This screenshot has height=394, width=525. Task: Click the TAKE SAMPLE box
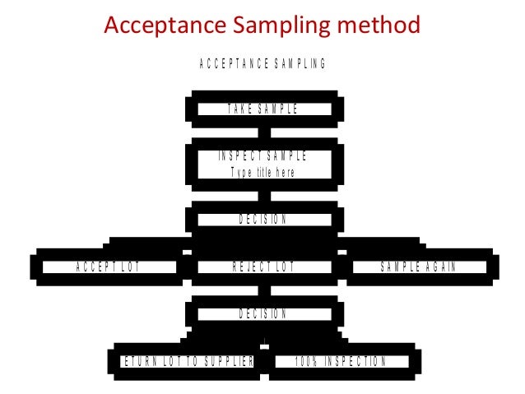262,109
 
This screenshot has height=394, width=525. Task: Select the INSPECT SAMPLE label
262,156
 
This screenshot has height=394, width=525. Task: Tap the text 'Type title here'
262,173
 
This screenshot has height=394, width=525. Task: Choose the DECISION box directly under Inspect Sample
262,219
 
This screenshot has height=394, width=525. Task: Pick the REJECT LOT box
262,267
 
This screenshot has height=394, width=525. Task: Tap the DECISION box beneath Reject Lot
262,313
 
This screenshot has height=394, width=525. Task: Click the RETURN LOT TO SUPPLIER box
187,361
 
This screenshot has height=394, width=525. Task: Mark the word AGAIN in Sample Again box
440,267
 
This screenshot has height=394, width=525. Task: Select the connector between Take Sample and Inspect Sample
262,130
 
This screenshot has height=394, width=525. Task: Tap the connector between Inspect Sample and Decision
262,195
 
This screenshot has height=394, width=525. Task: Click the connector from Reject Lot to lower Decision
262,290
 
